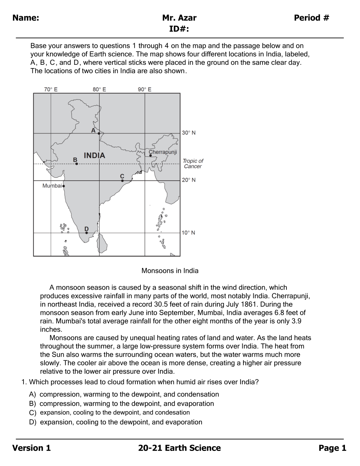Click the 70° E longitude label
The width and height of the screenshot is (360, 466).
pos(51,89)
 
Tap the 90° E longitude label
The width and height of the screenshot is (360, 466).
pos(145,89)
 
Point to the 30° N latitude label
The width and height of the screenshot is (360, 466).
pos(189,133)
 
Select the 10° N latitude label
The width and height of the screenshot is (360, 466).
pos(188,233)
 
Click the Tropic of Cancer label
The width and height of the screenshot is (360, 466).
pos(193,163)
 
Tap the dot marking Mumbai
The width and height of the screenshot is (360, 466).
pos(64,186)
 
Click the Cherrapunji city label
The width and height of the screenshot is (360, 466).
pos(163,152)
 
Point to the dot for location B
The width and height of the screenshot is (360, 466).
pos(76,163)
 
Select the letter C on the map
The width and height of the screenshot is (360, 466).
pos(122,176)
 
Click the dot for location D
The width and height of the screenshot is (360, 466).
pos(86,233)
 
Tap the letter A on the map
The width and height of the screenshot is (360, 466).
pos(93,130)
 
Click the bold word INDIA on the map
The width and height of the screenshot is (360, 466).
pos(94,155)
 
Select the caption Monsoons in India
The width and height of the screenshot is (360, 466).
pos(170,271)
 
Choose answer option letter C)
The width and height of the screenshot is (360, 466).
pos(33,413)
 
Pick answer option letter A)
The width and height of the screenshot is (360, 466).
pos(33,394)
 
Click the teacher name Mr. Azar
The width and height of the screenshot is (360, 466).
pos(179,18)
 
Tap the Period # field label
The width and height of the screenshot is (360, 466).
pos(311,18)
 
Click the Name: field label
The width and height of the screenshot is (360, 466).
pos(26,18)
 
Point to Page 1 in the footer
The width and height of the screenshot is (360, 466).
pos(332,448)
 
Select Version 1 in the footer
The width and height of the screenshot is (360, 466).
pos(32,448)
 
